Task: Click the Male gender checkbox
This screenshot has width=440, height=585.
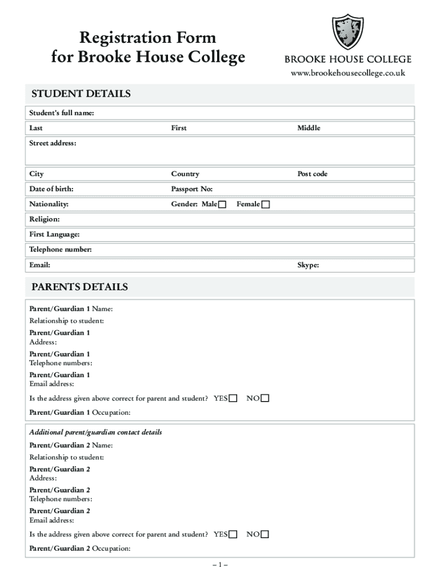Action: [222, 205]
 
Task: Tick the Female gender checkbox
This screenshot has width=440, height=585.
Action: [266, 205]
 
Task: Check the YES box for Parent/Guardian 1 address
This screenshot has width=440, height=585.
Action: [233, 399]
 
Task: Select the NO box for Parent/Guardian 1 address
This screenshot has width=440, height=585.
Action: [265, 399]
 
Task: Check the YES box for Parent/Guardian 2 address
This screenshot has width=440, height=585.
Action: [233, 535]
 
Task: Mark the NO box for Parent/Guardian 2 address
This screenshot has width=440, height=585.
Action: [265, 535]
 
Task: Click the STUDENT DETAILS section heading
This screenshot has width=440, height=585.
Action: [81, 94]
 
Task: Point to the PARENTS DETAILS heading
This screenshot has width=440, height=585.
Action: [79, 287]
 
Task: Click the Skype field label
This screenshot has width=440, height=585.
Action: [307, 265]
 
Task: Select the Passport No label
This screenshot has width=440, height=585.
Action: [191, 189]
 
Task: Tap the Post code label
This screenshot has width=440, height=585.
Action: [312, 174]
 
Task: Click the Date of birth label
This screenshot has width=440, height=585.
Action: [51, 189]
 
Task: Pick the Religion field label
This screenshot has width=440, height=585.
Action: [45, 219]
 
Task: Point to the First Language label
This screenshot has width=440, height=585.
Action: [54, 235]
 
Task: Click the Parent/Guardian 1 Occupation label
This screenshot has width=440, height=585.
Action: [79, 412]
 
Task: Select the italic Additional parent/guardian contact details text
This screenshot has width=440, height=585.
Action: [95, 432]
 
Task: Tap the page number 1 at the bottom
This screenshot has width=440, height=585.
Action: [220, 565]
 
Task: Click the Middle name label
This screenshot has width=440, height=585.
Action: [309, 128]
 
